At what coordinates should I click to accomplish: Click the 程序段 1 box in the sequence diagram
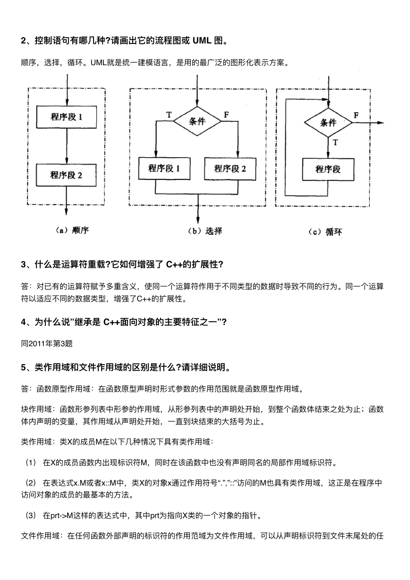pos(67,117)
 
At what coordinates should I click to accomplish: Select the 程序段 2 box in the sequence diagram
pos(66,175)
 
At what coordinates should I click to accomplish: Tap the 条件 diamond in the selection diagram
pos(197,121)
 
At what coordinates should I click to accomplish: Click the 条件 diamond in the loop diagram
pos(328,122)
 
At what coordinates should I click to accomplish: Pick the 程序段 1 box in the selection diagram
pos(164,169)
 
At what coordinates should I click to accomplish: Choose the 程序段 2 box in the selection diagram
pos(230,169)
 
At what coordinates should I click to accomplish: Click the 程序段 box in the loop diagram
pos(328,170)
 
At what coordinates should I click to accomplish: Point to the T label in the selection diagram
pos(169,114)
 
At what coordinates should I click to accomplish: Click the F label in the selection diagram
pos(226,114)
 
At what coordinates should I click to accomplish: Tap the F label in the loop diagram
pos(356,115)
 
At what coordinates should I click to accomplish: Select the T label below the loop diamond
pos(335,143)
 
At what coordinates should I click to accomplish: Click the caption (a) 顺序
pos(72,230)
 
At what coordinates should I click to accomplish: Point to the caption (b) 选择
pos(205,231)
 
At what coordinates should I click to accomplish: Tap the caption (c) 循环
pos(325,232)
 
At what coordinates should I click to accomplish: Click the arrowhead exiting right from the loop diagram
pos(380,123)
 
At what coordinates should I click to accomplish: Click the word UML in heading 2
pos(202,41)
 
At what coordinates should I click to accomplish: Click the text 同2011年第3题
pos(47,343)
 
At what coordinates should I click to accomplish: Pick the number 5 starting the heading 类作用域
pos(24,367)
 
